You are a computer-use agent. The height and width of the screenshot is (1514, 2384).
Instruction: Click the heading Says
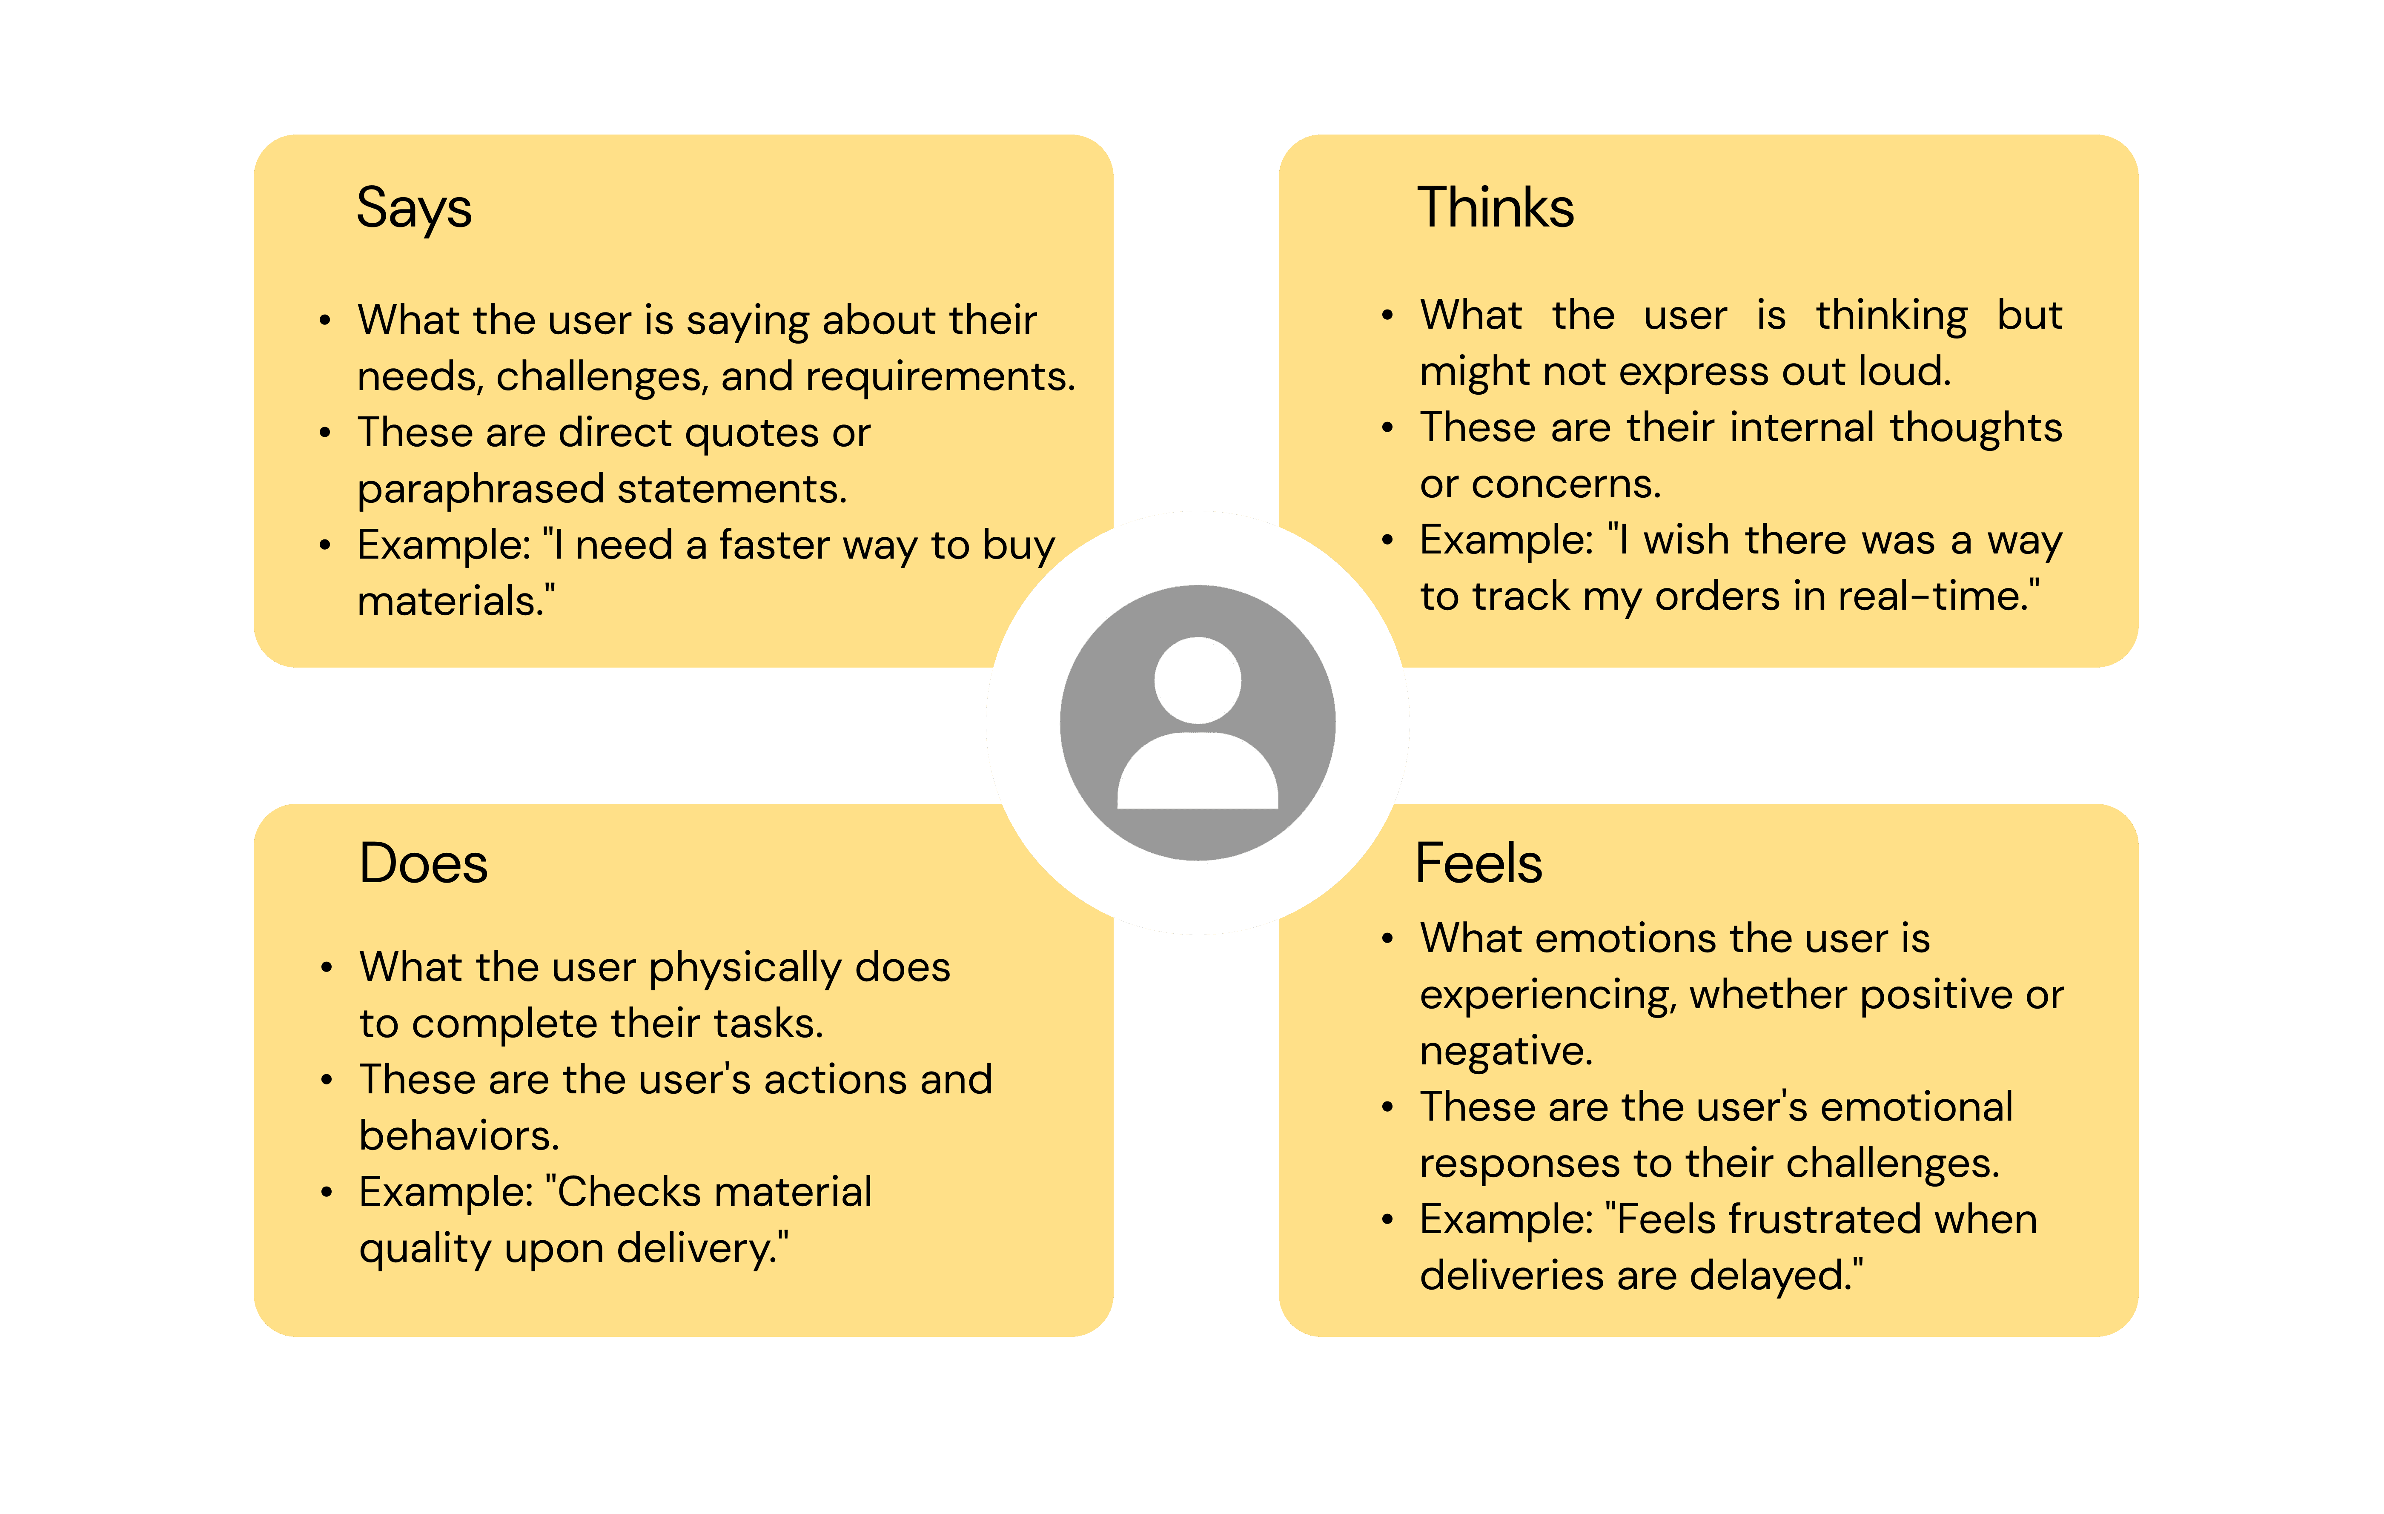point(414,209)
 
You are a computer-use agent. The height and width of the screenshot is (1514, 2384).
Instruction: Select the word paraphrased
point(480,489)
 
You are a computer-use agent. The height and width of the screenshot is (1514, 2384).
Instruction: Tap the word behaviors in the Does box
point(457,1136)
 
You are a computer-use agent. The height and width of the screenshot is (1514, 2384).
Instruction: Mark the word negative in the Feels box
point(1505,1051)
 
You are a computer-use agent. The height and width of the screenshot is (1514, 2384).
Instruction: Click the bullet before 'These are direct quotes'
point(325,433)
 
